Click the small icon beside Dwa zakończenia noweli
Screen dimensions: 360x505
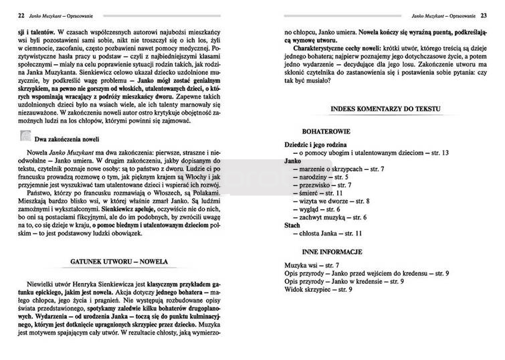pos(24,137)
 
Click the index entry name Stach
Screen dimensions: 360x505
pos(292,226)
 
